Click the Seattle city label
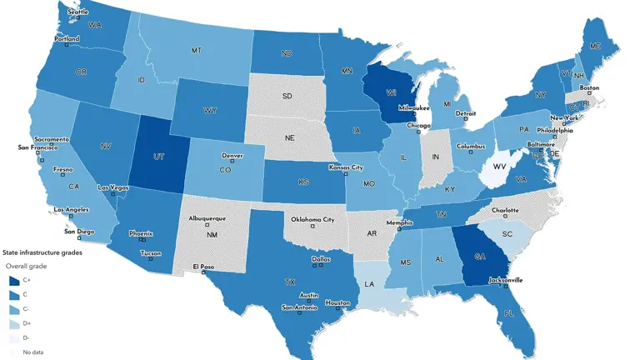coord(77,12)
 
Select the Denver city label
coord(232,156)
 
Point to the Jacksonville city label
coord(506,280)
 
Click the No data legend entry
coord(33,352)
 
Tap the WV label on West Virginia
coord(500,167)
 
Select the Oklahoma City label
coord(312,220)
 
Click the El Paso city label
coord(204,267)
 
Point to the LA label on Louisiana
coord(369,284)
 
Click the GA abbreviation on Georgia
coord(480,257)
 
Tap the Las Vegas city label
coord(113,187)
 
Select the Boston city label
coord(589,87)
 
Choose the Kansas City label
coord(347,167)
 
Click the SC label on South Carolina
coord(507,234)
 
